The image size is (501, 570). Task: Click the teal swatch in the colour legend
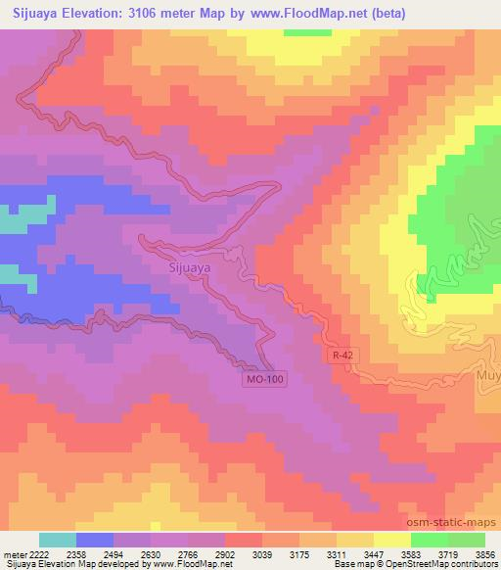coord(58,540)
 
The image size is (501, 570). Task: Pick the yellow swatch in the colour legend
coord(391,540)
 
